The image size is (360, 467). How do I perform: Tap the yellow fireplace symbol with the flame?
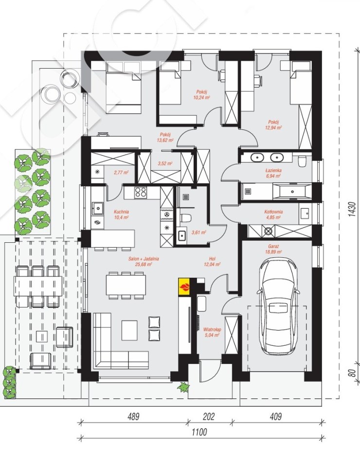point(184,287)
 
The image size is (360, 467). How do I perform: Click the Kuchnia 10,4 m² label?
point(121,215)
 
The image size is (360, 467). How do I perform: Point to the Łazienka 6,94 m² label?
point(273,173)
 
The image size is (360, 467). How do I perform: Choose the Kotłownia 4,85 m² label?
point(273,215)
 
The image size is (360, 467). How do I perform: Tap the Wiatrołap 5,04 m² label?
point(212,332)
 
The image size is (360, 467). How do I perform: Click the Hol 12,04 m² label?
point(212,262)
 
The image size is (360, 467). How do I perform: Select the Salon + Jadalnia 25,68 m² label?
point(144,262)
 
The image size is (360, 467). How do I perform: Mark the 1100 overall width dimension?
point(199,432)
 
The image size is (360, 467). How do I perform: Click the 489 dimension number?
point(133,416)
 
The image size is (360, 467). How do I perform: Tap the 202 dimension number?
point(208,416)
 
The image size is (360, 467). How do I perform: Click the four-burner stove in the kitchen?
point(141,192)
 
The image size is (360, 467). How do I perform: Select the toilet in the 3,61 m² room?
point(185,218)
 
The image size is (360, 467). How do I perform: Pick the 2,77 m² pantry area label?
point(121,172)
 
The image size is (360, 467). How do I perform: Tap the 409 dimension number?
point(276,416)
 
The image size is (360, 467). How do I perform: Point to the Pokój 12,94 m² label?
point(275,125)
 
